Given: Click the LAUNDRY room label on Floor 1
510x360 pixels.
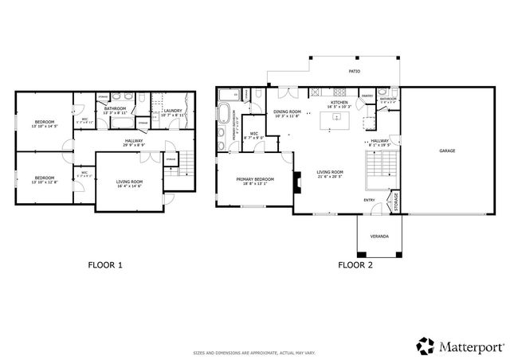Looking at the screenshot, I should pos(173,111).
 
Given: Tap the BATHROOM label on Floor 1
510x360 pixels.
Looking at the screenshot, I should pos(116,108).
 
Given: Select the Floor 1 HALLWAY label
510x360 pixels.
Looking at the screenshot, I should pos(133,143).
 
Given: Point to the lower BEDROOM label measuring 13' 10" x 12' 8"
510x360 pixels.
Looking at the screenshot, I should pos(45,178).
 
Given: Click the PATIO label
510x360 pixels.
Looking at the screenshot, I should pos(354,72).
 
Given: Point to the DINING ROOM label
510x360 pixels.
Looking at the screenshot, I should pos(287,112).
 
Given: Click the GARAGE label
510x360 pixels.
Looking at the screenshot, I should pos(447,151).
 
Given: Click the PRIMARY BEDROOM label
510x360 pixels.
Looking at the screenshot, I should pos(255,180).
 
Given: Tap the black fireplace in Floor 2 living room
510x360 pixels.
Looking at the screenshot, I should pos(296,182).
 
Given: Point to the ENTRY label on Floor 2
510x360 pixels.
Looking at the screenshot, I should pos(370,200).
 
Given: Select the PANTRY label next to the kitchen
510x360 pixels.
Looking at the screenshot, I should pos(367,96).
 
